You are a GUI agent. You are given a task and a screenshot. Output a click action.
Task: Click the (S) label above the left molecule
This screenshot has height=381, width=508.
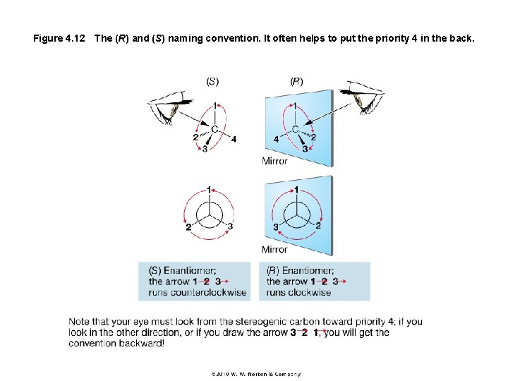coord(212,81)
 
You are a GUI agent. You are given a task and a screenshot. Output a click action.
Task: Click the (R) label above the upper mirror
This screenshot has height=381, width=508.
coord(297,81)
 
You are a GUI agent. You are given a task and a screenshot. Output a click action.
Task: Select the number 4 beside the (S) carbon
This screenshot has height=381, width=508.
coord(234,138)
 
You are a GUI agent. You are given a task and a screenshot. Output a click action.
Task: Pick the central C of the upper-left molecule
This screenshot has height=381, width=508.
coord(214,129)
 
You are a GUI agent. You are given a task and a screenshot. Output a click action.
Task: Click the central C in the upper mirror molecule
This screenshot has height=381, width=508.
coord(296,129)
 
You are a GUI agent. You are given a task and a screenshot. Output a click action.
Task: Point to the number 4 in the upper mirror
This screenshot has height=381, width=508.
coord(276,139)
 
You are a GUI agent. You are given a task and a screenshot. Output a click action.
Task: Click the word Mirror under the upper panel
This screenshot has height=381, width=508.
coord(274,161)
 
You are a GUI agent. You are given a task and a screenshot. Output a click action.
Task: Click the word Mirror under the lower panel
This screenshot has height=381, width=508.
coord(274,249)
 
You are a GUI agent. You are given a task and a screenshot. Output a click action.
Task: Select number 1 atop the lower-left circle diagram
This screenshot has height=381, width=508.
coord(209,190)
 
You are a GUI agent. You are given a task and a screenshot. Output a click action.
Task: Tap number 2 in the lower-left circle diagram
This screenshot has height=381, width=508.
coord(188,227)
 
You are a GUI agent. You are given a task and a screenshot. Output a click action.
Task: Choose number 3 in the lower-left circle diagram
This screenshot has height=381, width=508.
coord(230,226)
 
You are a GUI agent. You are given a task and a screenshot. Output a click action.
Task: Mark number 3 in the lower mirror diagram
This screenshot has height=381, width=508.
coord(276,227)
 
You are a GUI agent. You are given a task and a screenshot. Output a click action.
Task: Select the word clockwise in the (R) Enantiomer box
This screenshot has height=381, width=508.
coord(309,292)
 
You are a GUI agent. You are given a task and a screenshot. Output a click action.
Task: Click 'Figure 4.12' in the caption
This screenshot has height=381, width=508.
coord(59,37)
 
